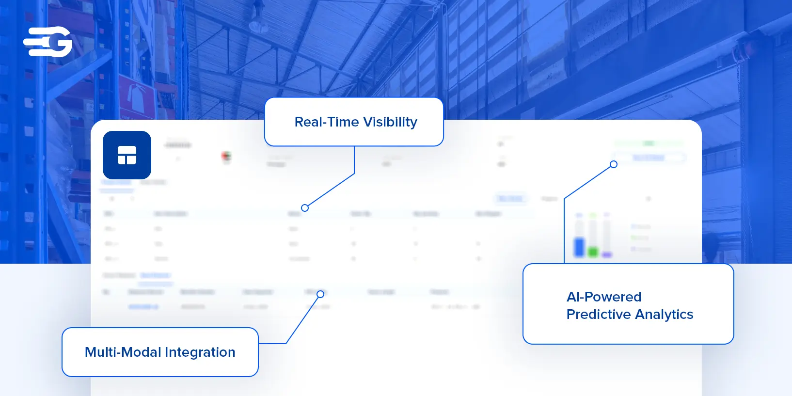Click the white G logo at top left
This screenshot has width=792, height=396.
coord(48,42)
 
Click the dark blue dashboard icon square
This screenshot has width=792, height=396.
coord(127,155)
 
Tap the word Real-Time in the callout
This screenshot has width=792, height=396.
coord(326,122)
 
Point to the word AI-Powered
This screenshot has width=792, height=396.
coord(604,297)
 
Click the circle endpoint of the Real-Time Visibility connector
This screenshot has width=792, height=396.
coord(305,208)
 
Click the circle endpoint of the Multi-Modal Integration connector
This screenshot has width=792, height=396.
coord(320,294)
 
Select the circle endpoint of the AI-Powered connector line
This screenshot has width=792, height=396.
coord(614,164)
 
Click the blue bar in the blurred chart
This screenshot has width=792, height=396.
coord(579,247)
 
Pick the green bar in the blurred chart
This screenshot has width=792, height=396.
coord(593,252)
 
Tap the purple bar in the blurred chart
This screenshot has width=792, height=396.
coord(607,254)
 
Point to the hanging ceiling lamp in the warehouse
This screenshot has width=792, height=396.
coord(258,24)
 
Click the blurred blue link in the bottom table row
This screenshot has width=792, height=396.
coord(143,307)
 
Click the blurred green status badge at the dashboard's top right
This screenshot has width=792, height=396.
coord(649,143)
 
